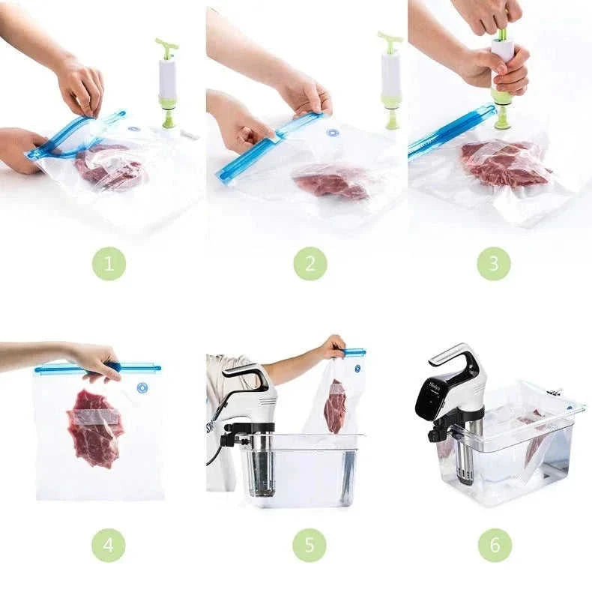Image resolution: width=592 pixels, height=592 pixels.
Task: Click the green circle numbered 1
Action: click(x=109, y=264)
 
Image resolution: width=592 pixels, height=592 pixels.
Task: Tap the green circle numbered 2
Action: click(x=309, y=264)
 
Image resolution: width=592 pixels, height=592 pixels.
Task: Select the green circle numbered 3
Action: click(x=494, y=264)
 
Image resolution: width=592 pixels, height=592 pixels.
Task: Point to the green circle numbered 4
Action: click(x=109, y=545)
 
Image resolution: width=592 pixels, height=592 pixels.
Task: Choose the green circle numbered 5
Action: click(x=309, y=545)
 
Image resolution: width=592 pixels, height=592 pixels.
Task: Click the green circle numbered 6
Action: click(x=494, y=545)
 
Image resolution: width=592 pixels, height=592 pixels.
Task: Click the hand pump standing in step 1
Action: click(x=167, y=82)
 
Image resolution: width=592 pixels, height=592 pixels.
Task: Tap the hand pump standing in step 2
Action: click(x=390, y=82)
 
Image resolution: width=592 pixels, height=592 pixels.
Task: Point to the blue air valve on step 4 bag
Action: click(x=142, y=388)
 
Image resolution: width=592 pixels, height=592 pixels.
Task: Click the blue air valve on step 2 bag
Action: click(x=333, y=133)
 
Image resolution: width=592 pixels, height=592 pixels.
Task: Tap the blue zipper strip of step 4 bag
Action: click(x=97, y=368)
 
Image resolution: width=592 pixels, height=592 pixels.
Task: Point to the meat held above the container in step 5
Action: click(x=335, y=406)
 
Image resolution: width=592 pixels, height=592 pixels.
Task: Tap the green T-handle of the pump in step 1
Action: click(x=167, y=47)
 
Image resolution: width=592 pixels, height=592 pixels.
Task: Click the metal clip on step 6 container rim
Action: click(x=555, y=392)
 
